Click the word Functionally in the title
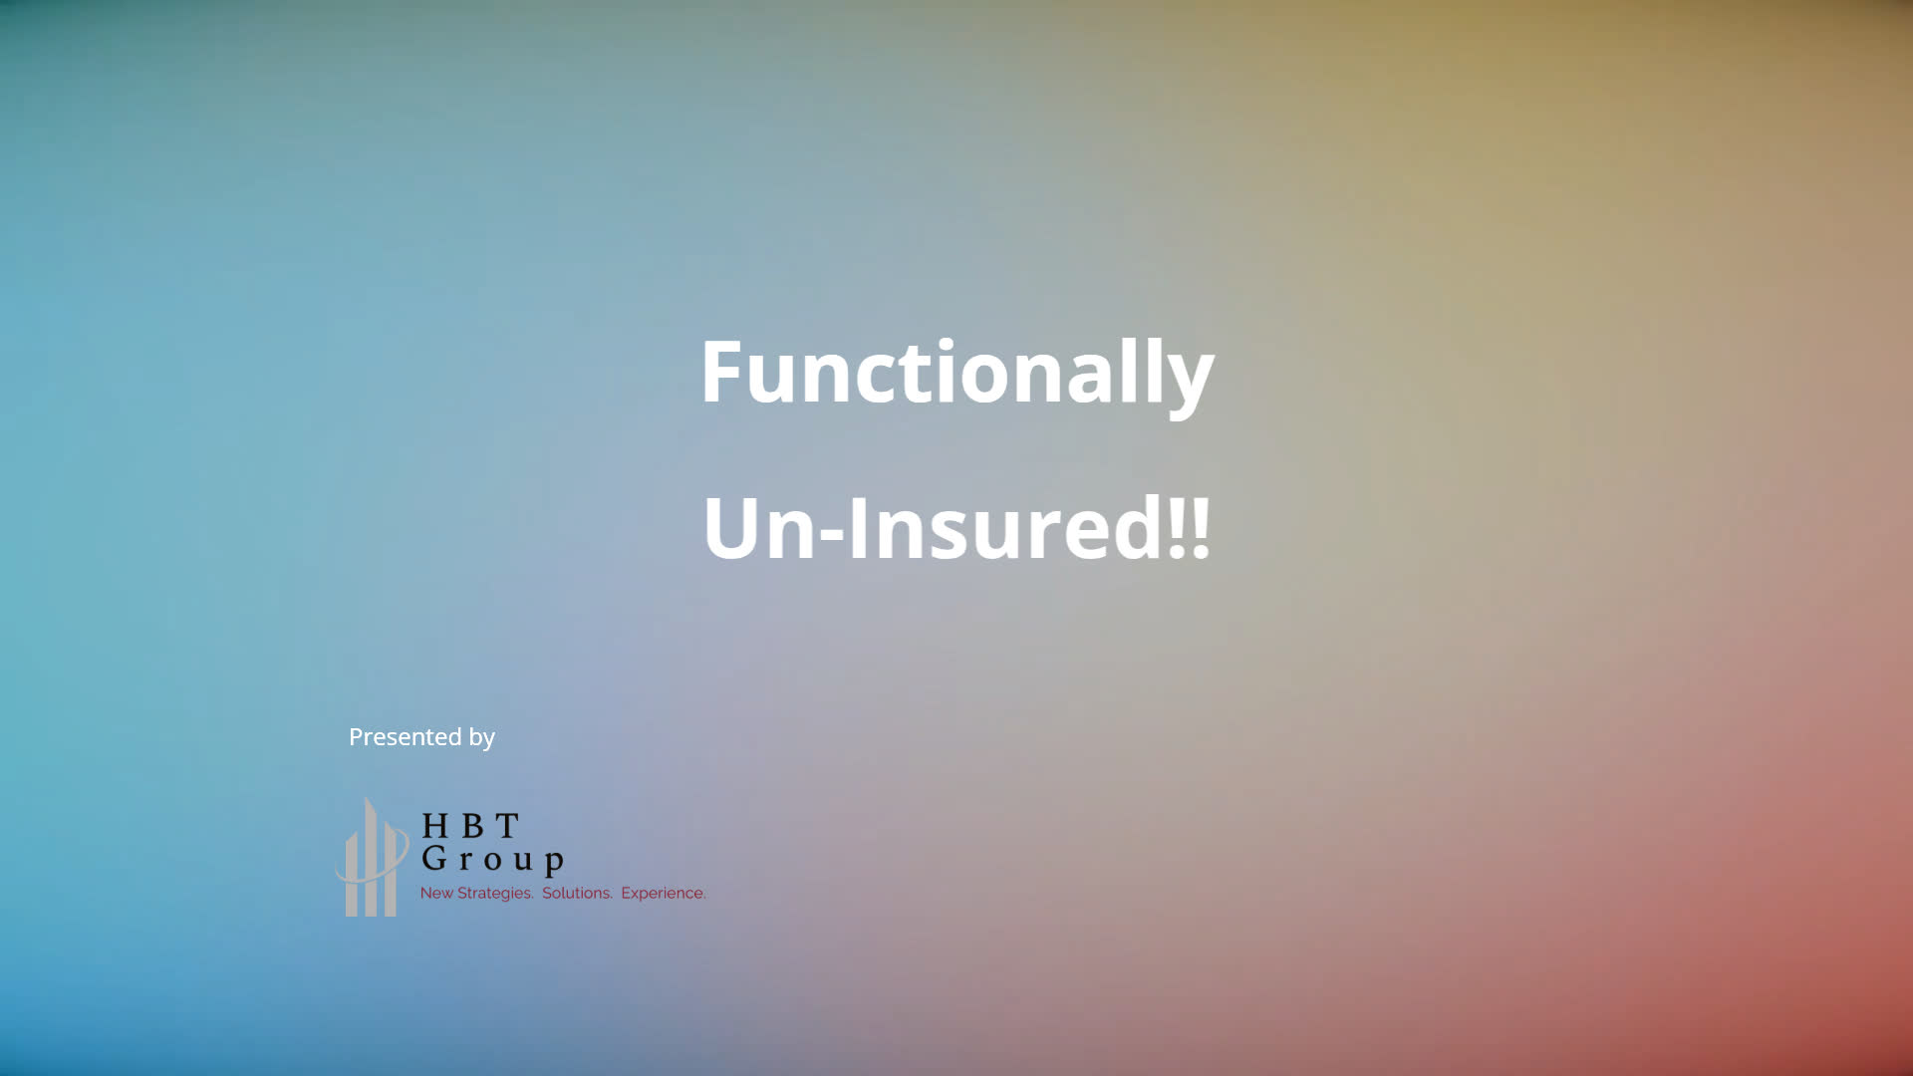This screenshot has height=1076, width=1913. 956,373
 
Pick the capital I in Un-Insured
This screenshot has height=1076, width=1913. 858,526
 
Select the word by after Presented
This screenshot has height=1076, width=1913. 482,738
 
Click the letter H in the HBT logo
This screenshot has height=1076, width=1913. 435,826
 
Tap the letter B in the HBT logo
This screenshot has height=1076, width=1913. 472,826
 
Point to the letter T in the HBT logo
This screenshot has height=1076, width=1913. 507,826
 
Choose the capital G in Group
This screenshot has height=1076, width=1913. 434,857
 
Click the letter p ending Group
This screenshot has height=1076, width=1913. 554,863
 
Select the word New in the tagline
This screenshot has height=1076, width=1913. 436,893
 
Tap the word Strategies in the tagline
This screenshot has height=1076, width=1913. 495,894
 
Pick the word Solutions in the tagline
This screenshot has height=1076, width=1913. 577,893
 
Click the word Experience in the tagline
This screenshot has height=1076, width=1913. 664,894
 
